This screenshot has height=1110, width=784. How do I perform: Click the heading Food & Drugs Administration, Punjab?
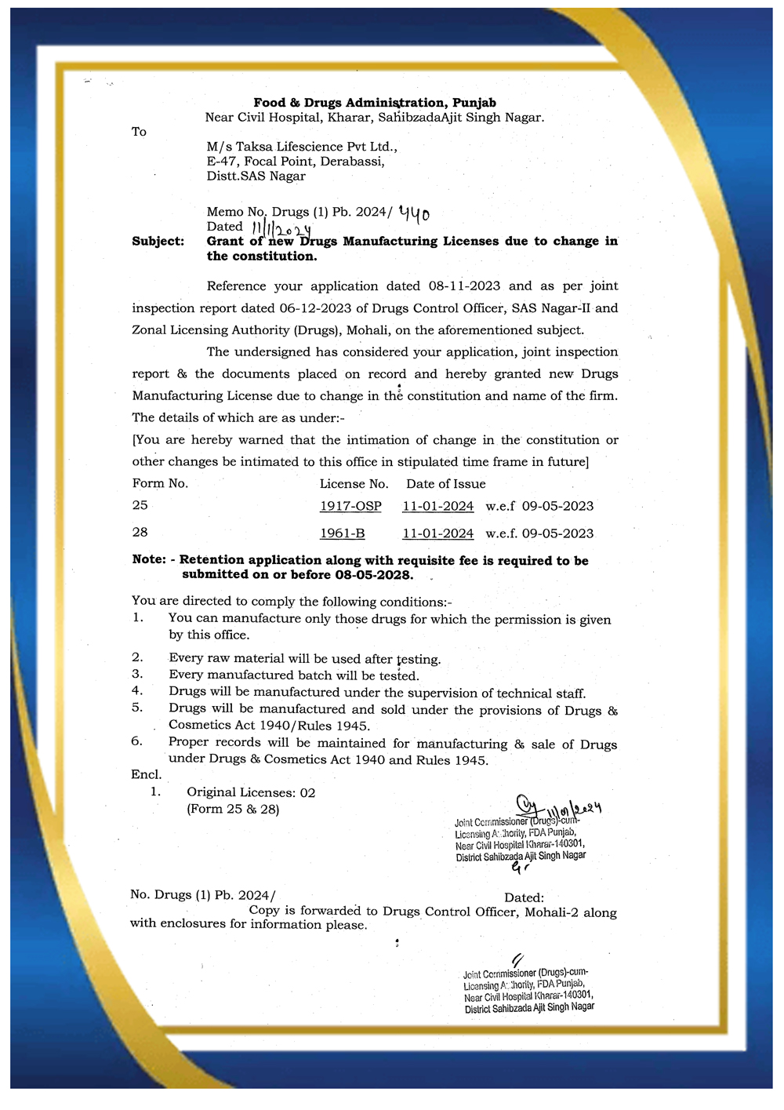[374, 103]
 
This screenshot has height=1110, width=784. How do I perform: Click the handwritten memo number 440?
[414, 212]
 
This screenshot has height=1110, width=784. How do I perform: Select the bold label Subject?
[158, 242]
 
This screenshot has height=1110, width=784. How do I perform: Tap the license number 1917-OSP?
[350, 506]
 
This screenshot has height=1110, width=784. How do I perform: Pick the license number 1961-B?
[342, 533]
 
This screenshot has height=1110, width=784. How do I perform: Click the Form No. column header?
[160, 483]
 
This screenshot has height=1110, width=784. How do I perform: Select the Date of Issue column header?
[445, 484]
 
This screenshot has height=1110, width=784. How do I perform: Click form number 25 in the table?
[140, 506]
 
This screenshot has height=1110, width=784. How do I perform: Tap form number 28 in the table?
[140, 533]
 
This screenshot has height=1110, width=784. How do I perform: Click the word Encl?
[146, 774]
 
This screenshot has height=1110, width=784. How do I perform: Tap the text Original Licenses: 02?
[251, 792]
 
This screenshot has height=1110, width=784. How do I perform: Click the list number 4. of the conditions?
[137, 691]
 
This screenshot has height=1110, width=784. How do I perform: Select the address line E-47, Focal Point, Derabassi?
[296, 162]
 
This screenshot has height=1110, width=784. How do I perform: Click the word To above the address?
[139, 132]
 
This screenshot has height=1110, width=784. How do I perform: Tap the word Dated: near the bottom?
[524, 897]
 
